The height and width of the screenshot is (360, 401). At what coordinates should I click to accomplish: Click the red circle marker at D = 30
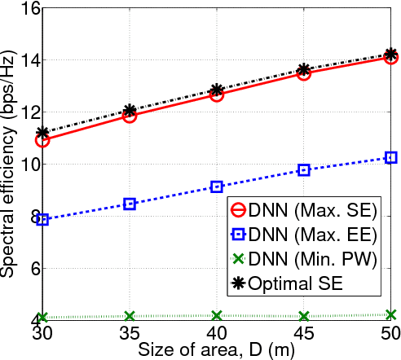42,139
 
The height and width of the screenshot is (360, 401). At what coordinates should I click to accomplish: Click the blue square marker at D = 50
391,157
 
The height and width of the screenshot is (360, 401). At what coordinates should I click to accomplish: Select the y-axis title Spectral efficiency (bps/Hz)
9,163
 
